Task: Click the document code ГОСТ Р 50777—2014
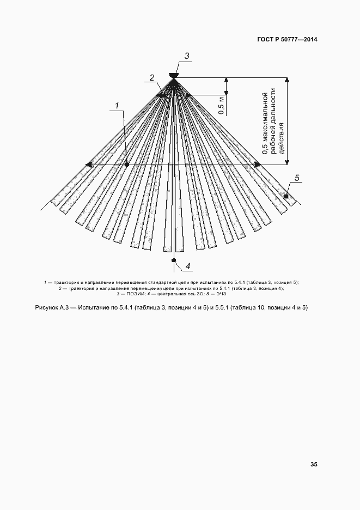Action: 288,40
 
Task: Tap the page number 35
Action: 314,465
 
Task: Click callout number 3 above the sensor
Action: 186,56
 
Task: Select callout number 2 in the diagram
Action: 153,77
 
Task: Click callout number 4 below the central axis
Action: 187,266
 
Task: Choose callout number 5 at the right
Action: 297,178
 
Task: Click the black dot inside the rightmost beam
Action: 286,195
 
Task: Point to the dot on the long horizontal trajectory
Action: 126,164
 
